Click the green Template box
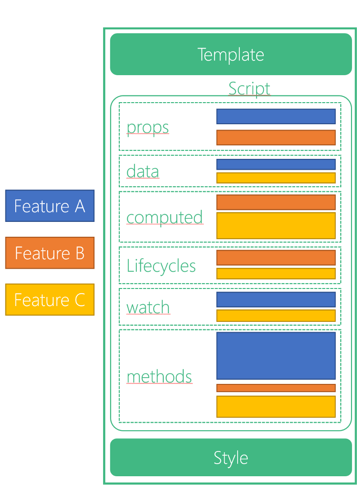(231, 54)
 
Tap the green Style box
(231, 457)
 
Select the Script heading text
(249, 88)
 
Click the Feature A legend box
(49, 206)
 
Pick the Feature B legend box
(49, 253)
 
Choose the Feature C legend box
(49, 300)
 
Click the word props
(148, 127)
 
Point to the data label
(143, 171)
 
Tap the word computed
(164, 217)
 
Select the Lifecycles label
(161, 266)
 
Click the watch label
(148, 307)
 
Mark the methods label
(159, 376)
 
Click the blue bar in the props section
(276, 116)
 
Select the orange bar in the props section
(276, 138)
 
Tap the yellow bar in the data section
(276, 178)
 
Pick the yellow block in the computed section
(276, 225)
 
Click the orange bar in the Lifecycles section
(276, 258)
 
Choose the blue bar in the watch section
(276, 299)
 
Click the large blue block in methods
(276, 356)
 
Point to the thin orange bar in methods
(276, 388)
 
